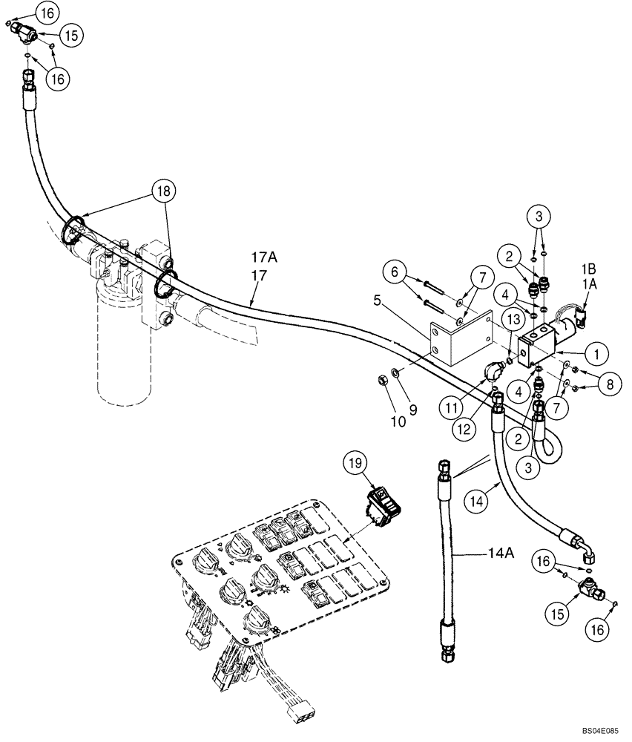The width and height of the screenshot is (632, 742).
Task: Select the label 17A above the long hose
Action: click(x=263, y=257)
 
